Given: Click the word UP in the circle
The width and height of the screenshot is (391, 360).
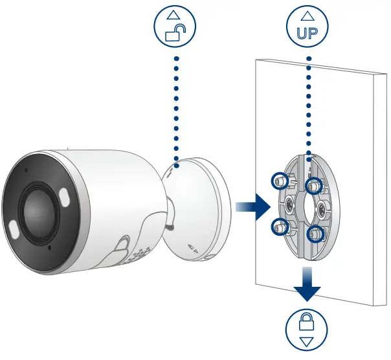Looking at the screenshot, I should point(308,34).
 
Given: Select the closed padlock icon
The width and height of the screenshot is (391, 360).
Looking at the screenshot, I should point(308,322).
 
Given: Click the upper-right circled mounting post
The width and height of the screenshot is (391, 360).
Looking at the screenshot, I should point(313,186).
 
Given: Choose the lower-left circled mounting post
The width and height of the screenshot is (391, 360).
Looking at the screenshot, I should point(280,226).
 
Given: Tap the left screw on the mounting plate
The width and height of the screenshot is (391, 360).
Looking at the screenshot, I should point(285,207).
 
